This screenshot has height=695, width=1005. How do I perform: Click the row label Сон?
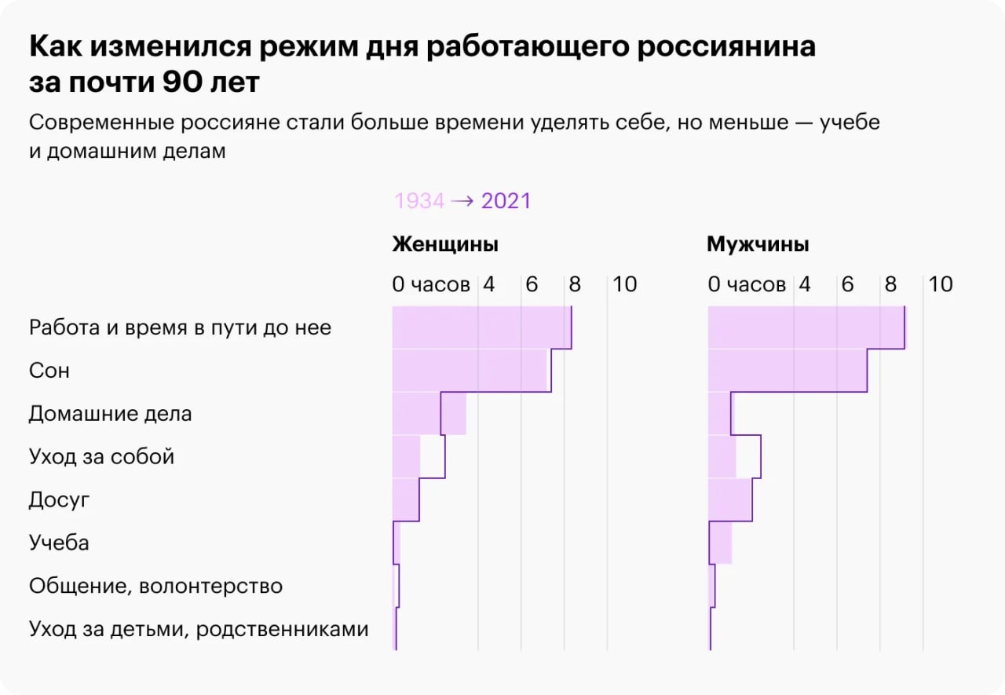coord(49,370)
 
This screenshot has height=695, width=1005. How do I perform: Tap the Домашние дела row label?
coord(110,413)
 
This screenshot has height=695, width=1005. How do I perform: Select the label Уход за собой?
coord(101,456)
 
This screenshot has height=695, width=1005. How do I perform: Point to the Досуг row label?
coord(60,499)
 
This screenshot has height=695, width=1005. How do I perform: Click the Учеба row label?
coord(59,543)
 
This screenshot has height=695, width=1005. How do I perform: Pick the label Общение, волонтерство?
coord(155,586)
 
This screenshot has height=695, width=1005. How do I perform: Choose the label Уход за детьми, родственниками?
coord(199,629)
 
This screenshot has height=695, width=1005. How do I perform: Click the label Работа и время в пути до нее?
coord(180,327)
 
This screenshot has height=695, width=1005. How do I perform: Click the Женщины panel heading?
coord(445,244)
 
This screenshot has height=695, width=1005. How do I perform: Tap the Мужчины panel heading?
coord(758,244)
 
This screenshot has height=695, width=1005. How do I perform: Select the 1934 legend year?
coord(418,201)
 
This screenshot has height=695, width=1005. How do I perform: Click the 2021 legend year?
coord(506,201)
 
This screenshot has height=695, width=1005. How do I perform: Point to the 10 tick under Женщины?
coord(625,284)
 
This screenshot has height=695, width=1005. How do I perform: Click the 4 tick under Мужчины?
coord(805,284)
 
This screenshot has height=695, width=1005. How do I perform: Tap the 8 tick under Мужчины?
coord(890,284)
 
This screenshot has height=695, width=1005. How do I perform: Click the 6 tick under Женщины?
coord(532,284)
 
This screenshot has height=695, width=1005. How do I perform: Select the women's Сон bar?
coord(470,370)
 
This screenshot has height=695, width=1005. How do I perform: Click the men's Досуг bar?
coord(729,499)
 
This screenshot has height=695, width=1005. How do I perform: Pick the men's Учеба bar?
coord(720,543)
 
